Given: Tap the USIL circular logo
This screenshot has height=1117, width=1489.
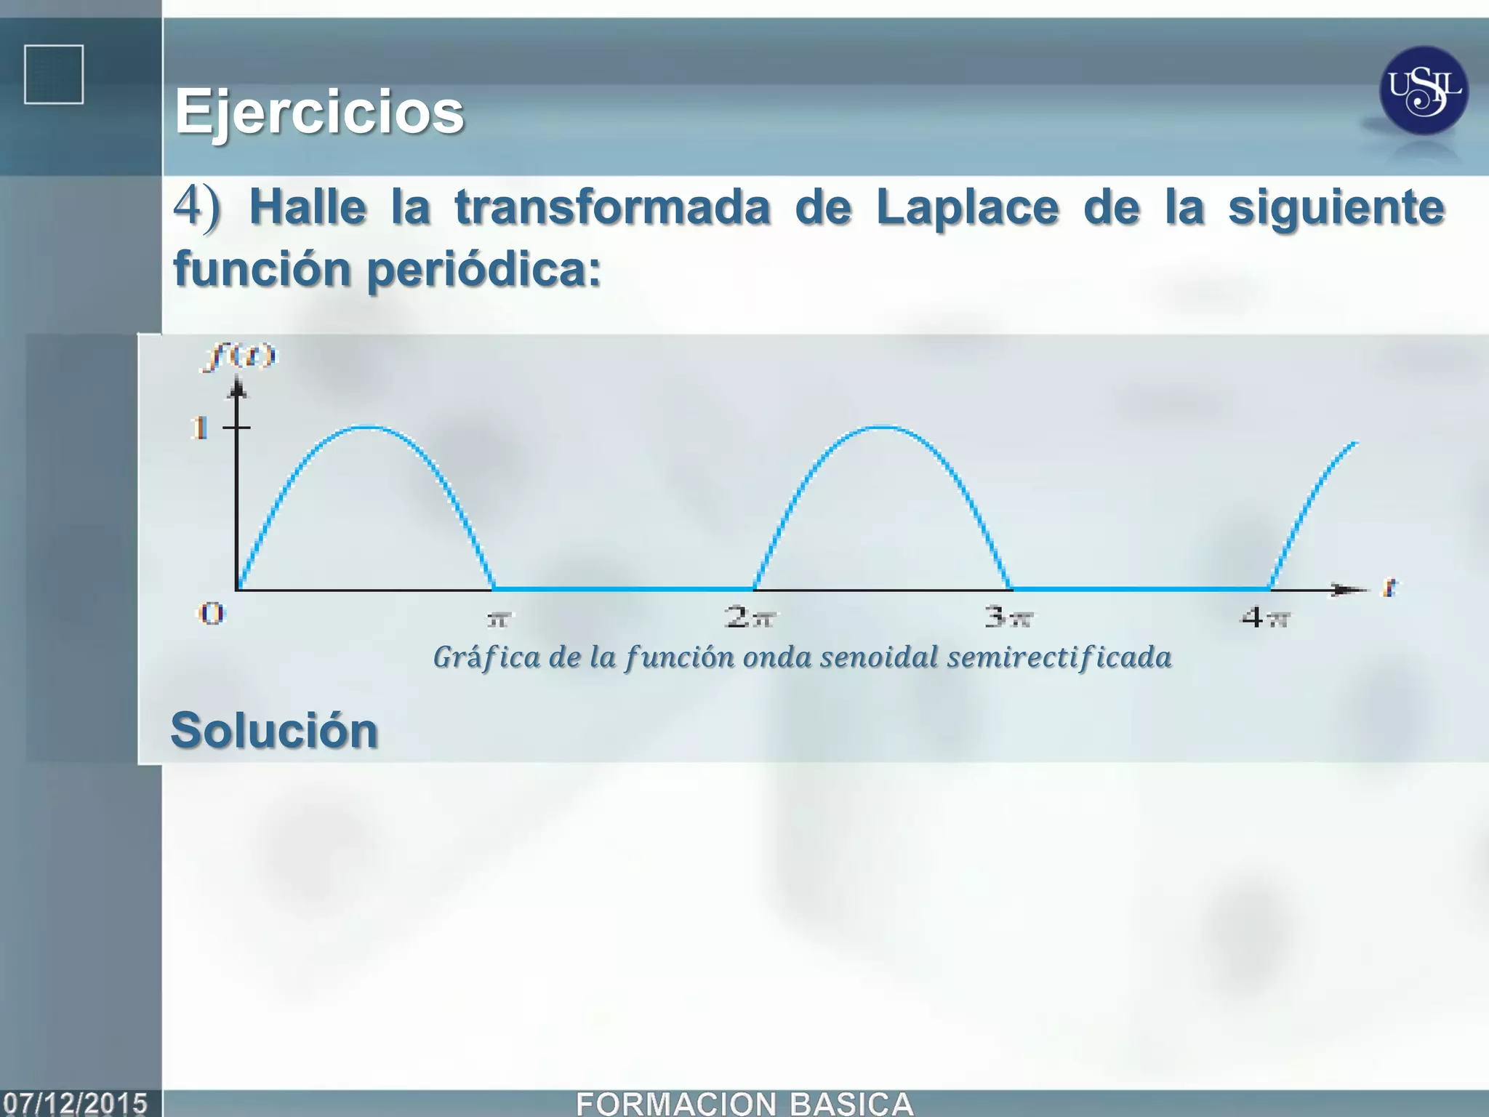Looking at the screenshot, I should pos(1423,90).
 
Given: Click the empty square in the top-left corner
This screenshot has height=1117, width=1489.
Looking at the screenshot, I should pos(54,75).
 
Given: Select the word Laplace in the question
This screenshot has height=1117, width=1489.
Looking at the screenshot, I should pos(967,208).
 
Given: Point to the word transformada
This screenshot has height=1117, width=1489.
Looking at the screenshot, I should pos(612,208).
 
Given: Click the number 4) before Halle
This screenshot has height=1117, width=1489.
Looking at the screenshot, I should pos(196,207).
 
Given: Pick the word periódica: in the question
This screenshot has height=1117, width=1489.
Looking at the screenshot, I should pos(483,270).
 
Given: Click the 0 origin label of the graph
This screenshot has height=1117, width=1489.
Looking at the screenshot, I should pos(212,614).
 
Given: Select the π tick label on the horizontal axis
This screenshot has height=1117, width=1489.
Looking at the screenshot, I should pos(499,619).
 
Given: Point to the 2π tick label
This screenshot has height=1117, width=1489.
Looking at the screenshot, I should pos(750,617).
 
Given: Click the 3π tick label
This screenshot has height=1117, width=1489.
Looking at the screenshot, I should pos(1009,617).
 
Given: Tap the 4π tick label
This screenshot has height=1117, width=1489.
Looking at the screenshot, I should pos(1265,617).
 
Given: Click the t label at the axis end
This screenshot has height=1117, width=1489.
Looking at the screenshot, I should pos(1390,587).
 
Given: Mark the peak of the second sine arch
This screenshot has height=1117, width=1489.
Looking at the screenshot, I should pos(881,427).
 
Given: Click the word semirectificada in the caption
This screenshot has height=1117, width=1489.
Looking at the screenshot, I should pos(1059,657).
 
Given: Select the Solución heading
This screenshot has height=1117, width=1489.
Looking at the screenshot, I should pos(274,730).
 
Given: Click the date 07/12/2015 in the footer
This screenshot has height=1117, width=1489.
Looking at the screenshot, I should pos(75,1103).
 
